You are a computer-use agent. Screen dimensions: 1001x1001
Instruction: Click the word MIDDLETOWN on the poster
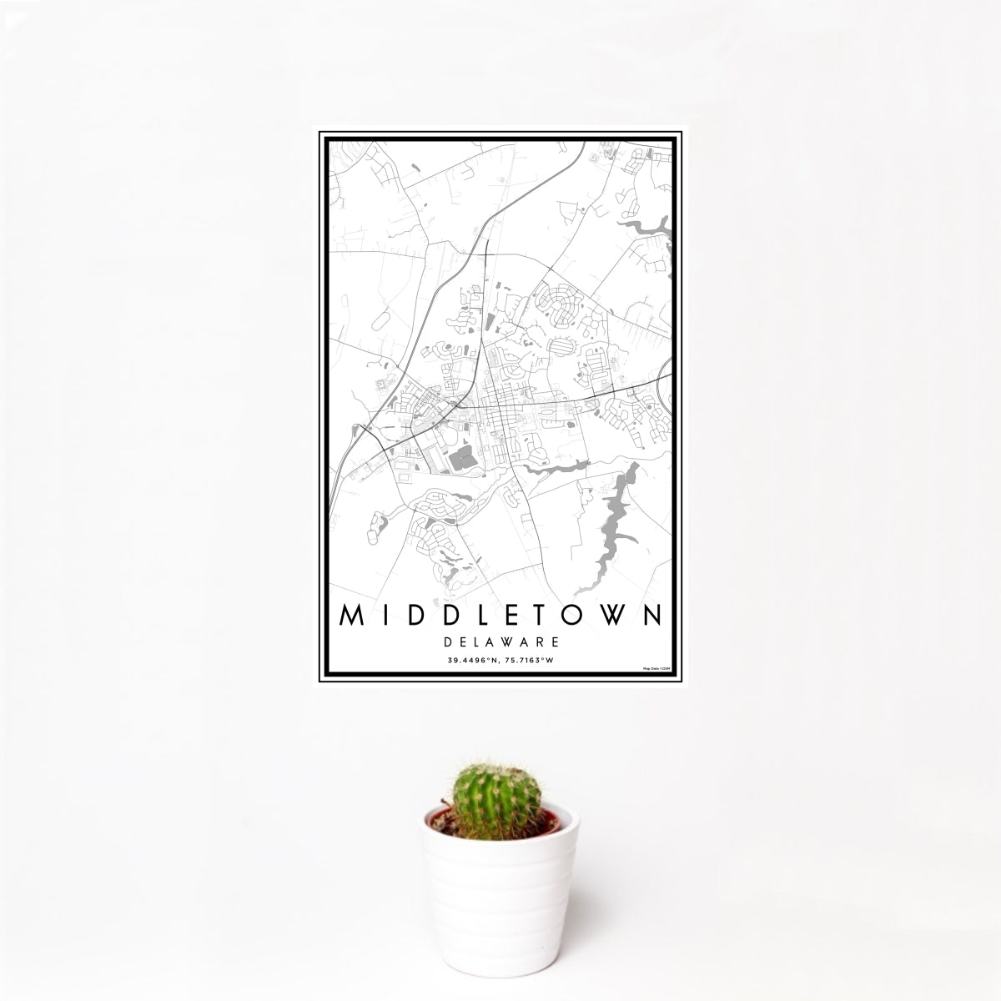(501, 616)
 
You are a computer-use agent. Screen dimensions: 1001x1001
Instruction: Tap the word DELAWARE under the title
(501, 643)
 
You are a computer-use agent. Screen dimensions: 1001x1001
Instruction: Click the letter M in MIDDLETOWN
(351, 616)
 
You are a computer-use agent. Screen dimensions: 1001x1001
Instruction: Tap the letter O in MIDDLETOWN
(575, 616)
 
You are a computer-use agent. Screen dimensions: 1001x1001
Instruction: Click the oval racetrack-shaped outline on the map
(383, 319)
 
